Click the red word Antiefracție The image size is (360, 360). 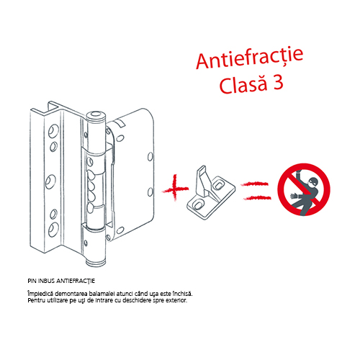(x=250, y=58)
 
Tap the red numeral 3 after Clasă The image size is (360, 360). (x=278, y=83)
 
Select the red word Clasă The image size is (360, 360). (x=243, y=84)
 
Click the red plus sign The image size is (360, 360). (x=175, y=188)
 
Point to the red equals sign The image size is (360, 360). (x=256, y=191)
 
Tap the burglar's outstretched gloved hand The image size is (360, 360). (x=294, y=196)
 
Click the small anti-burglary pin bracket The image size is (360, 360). (x=211, y=192)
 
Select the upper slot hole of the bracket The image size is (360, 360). (x=218, y=184)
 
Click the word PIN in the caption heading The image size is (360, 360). (x=32, y=281)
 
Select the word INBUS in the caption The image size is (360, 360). (x=47, y=281)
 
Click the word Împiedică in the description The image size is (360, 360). (x=40, y=294)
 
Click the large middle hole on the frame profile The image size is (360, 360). (x=51, y=181)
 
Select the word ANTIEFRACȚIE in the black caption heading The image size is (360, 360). (x=76, y=281)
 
